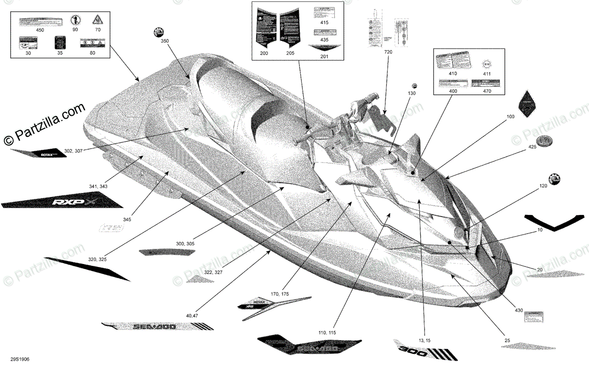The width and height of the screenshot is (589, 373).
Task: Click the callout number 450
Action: pos(40,30)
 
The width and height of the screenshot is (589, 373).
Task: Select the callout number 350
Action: pos(164,42)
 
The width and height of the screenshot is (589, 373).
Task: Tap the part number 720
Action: pos(389,52)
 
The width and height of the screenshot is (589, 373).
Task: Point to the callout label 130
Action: pos(411,93)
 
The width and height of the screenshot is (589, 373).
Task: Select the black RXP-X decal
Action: pos(61,201)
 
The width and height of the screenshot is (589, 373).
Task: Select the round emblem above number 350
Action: pos(158,32)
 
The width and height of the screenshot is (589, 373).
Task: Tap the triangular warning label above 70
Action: pos(97,20)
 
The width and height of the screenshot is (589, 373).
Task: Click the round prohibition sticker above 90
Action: pos(75,20)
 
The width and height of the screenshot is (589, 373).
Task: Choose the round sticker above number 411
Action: pos(487,64)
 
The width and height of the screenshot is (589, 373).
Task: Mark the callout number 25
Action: pos(507,340)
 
